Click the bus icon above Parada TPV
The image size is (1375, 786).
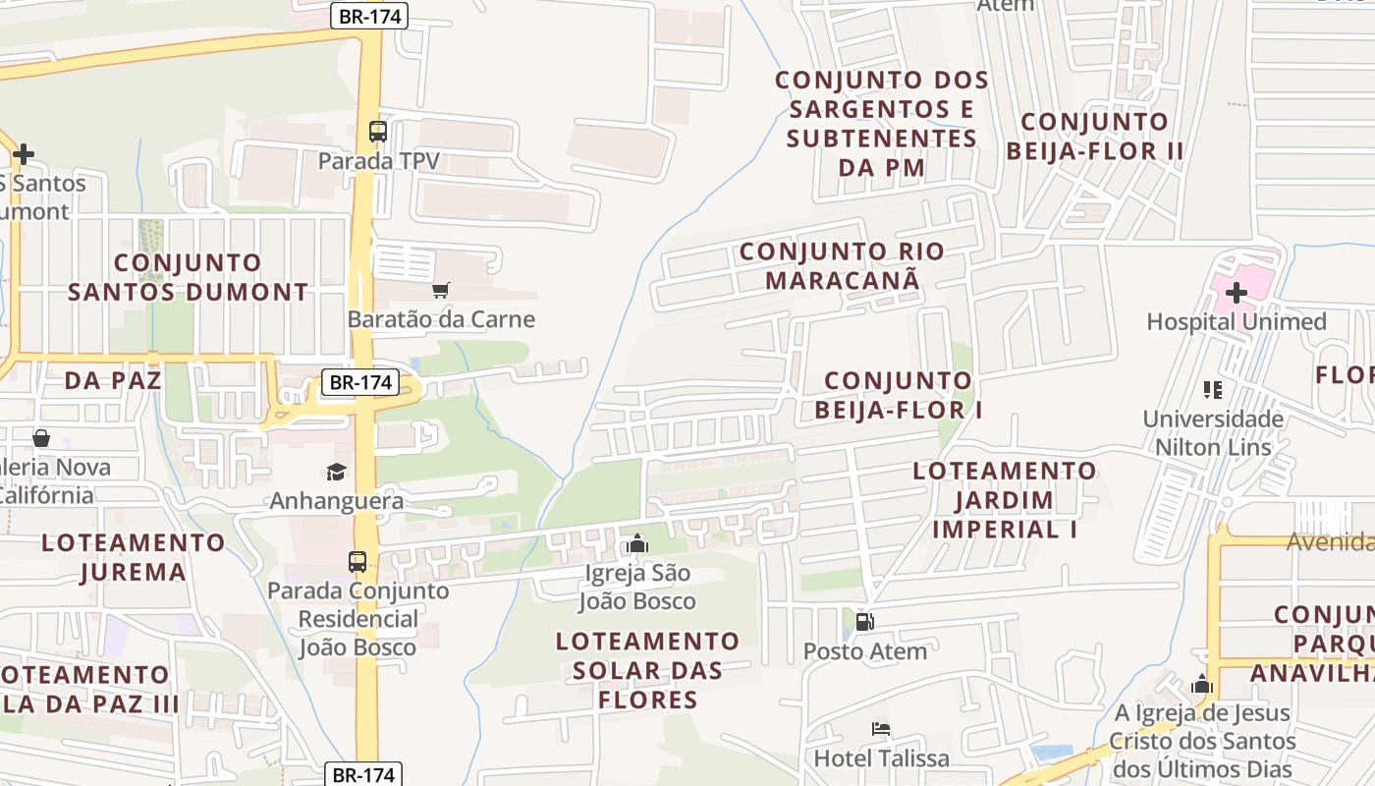click(x=378, y=131)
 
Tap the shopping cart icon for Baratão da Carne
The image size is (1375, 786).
click(x=441, y=290)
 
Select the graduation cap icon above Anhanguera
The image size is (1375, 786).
click(x=337, y=472)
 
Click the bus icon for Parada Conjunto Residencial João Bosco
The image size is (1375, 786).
click(x=357, y=562)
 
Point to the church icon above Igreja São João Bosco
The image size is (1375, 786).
click(x=637, y=543)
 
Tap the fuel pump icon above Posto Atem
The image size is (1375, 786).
click(x=864, y=622)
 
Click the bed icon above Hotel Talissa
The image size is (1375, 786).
click(x=881, y=729)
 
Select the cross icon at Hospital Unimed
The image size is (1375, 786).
click(x=1237, y=292)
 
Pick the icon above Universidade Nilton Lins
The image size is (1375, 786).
click(x=1213, y=390)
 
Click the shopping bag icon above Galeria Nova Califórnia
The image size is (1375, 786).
click(x=41, y=437)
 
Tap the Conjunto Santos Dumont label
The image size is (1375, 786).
click(x=188, y=277)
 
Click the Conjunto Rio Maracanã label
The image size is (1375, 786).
click(x=842, y=265)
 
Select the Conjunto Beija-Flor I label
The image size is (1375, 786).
click(x=898, y=394)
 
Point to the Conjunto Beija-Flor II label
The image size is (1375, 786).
click(x=1094, y=137)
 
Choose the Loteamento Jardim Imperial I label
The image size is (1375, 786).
click(x=1005, y=499)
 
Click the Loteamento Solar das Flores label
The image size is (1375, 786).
click(x=647, y=670)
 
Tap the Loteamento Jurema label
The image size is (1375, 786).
click(x=134, y=556)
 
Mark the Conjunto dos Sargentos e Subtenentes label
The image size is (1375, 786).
click(x=881, y=123)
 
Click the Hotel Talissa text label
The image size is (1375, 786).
click(x=881, y=758)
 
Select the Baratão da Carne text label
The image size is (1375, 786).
click(x=441, y=319)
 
